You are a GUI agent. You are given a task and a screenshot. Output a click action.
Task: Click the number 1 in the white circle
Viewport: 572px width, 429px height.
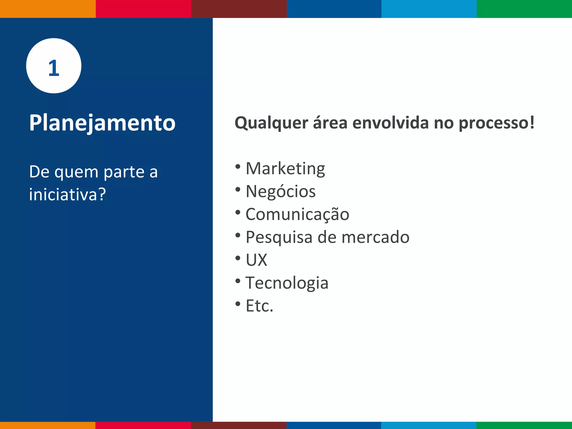[54, 68]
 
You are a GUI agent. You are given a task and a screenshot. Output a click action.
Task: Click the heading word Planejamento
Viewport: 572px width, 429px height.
[102, 123]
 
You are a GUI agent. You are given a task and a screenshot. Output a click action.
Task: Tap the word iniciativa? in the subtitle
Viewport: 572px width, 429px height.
[67, 194]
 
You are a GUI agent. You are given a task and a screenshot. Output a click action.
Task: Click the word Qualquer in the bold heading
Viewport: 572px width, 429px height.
[271, 123]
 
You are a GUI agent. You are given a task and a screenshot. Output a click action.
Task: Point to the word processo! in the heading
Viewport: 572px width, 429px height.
[496, 123]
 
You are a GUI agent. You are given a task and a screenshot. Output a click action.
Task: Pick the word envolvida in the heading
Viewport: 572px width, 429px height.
[390, 123]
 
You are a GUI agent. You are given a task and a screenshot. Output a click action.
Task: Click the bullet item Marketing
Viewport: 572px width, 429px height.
[285, 168]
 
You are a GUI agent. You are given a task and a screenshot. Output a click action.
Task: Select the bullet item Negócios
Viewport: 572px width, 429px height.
[280, 192]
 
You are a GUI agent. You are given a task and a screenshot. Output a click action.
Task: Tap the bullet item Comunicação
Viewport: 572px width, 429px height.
[297, 214]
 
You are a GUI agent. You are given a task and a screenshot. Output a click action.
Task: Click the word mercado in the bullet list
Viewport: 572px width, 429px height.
[375, 237]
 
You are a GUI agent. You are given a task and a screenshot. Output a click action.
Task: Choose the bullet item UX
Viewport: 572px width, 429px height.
[256, 260]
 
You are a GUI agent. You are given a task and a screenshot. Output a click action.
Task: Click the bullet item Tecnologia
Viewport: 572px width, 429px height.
[287, 283]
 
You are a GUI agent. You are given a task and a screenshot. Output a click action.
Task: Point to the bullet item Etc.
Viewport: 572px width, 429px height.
[259, 306]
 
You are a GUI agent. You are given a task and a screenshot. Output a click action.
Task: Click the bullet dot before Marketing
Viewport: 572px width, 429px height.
[238, 167]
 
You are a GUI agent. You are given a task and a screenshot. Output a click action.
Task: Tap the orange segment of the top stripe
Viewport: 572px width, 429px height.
[47, 9]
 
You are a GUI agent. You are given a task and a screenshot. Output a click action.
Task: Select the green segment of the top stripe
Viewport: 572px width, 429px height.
[524, 9]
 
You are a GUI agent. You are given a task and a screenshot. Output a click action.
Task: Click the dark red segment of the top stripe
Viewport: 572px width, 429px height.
[239, 9]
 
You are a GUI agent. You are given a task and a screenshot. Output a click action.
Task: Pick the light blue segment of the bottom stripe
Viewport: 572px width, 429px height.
[429, 425]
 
